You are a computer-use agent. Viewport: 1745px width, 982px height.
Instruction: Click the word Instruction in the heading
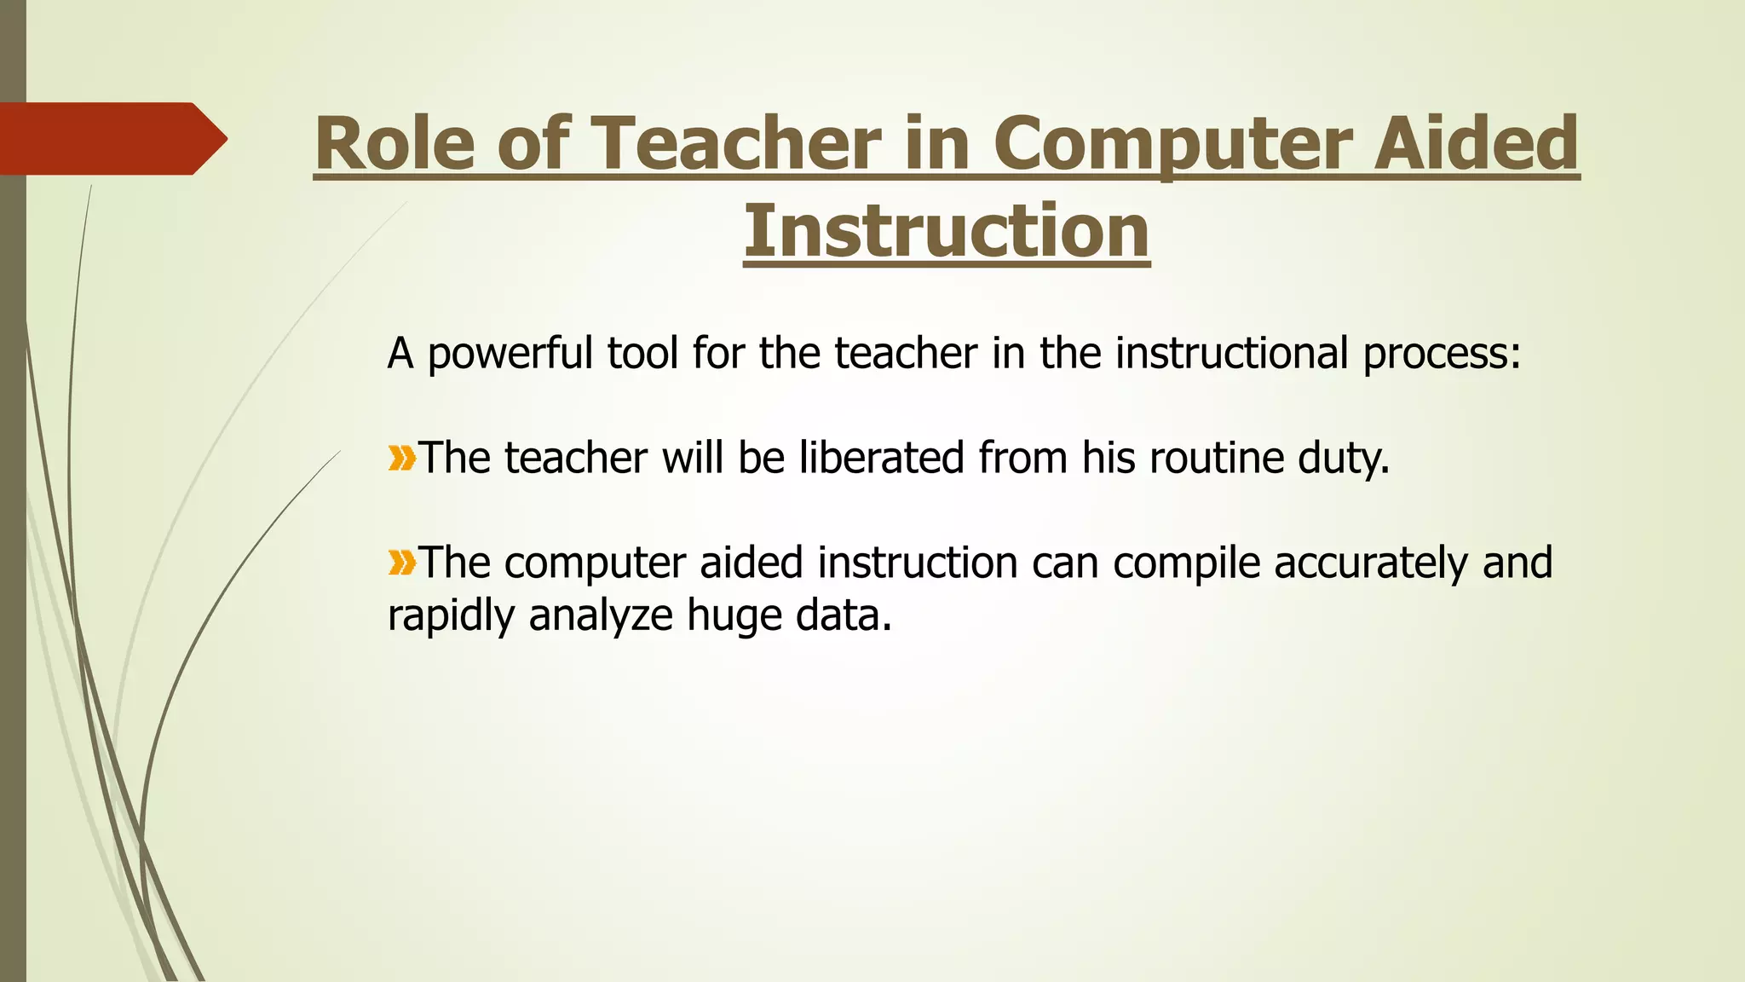click(x=946, y=231)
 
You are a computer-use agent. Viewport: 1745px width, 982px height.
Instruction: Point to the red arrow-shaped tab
click(x=111, y=138)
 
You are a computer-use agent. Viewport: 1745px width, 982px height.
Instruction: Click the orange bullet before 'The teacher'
click(x=401, y=459)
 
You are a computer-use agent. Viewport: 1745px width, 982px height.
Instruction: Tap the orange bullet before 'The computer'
click(x=401, y=563)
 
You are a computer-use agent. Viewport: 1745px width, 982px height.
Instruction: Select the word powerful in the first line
click(x=510, y=355)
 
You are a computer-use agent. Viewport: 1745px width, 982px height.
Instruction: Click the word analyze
click(x=601, y=616)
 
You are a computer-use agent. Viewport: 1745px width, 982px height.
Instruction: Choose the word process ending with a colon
click(x=1442, y=355)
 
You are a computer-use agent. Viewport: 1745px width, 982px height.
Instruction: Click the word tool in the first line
click(x=642, y=353)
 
